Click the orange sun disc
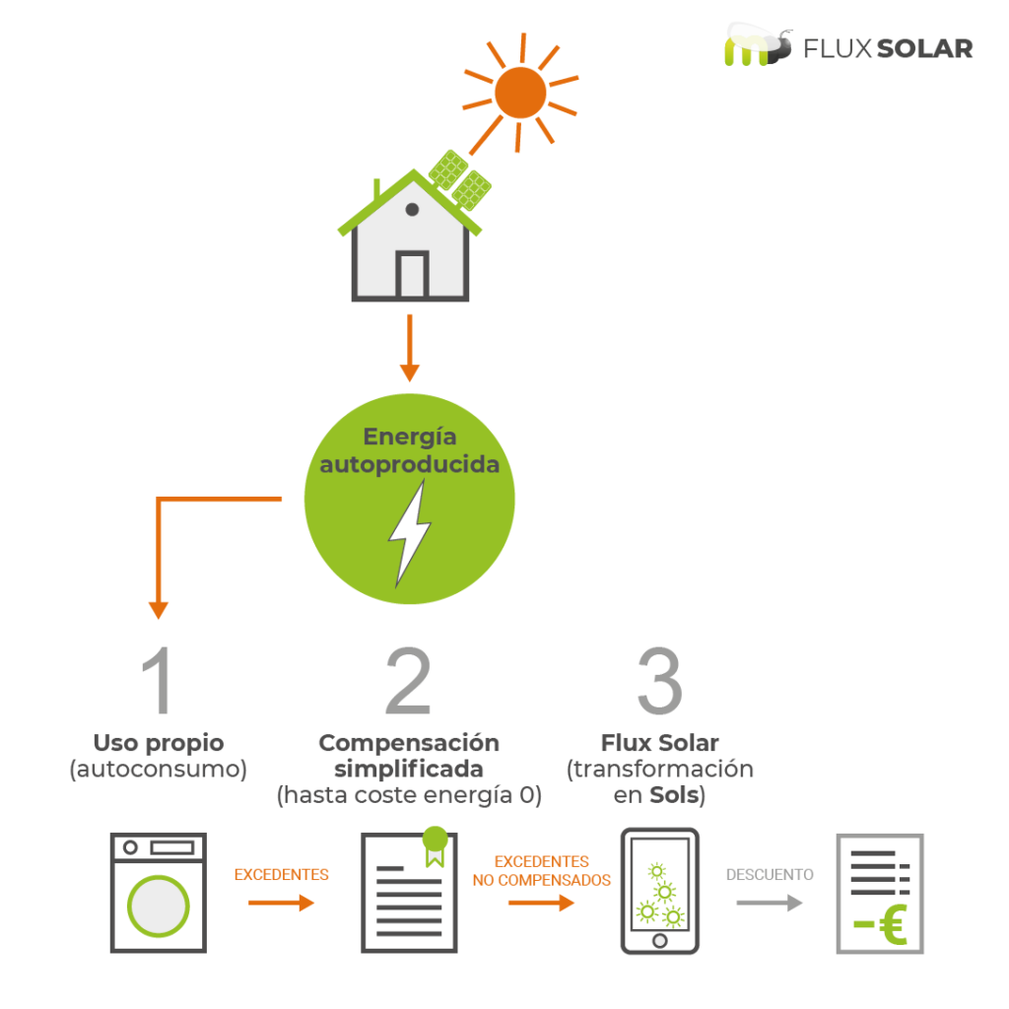pyautogui.click(x=520, y=93)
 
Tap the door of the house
pyautogui.click(x=412, y=274)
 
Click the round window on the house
pyautogui.click(x=412, y=209)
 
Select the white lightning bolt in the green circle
pyautogui.click(x=409, y=534)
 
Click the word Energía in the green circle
pyautogui.click(x=410, y=437)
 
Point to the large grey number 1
pyautogui.click(x=157, y=680)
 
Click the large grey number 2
pyautogui.click(x=408, y=680)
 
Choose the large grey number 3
pyautogui.click(x=659, y=681)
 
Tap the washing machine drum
pyautogui.click(x=158, y=907)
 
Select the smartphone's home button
pyautogui.click(x=659, y=941)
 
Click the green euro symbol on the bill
pyautogui.click(x=893, y=924)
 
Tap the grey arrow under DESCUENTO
pyautogui.click(x=770, y=903)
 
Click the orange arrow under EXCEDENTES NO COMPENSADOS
pyautogui.click(x=541, y=903)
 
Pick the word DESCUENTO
pyautogui.click(x=770, y=875)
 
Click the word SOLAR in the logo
pyautogui.click(x=924, y=49)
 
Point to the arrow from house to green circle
pyautogui.click(x=409, y=348)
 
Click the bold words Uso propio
pyautogui.click(x=159, y=743)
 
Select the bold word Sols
pyautogui.click(x=674, y=795)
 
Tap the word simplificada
pyautogui.click(x=409, y=769)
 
